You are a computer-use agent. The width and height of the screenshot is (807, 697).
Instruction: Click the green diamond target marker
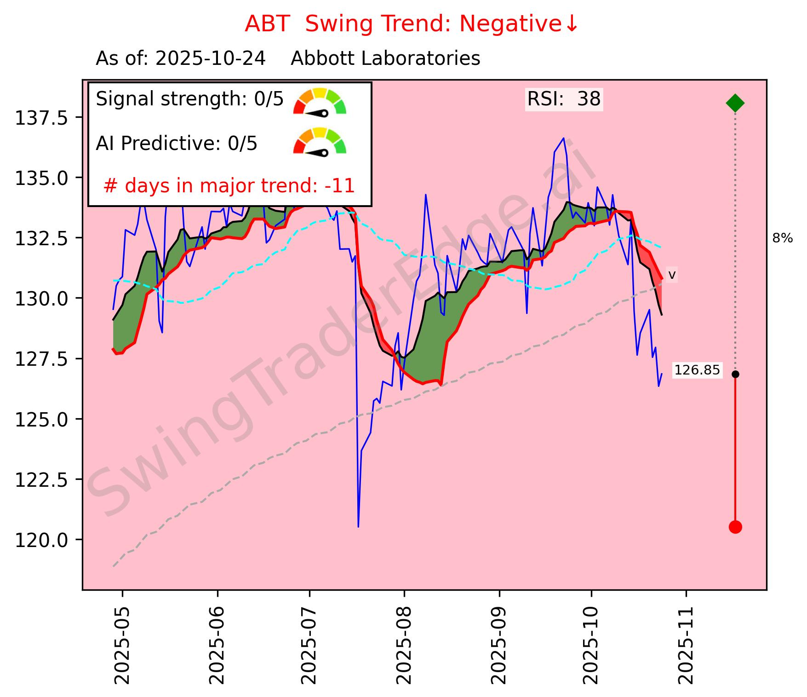point(735,103)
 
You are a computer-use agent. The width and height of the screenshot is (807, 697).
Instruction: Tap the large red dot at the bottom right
point(735,527)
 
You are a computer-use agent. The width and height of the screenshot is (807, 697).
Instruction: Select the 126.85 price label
point(697,370)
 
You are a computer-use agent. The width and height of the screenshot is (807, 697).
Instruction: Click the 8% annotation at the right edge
point(782,238)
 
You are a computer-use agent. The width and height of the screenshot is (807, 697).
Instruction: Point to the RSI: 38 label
point(564,99)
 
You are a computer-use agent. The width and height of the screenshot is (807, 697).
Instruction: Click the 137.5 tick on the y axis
point(42,118)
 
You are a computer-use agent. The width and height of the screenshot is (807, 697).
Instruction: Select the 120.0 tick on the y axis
point(42,540)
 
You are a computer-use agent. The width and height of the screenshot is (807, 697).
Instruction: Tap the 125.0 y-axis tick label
point(42,419)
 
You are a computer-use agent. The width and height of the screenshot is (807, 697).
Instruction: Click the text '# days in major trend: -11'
point(229,186)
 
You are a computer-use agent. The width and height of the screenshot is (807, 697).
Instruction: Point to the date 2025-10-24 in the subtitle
point(211,59)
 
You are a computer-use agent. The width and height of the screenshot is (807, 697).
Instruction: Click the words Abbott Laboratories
point(385,59)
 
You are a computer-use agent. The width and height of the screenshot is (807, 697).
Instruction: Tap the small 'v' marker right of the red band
point(672,275)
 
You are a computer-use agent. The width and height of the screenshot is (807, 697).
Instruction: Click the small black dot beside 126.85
point(735,374)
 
